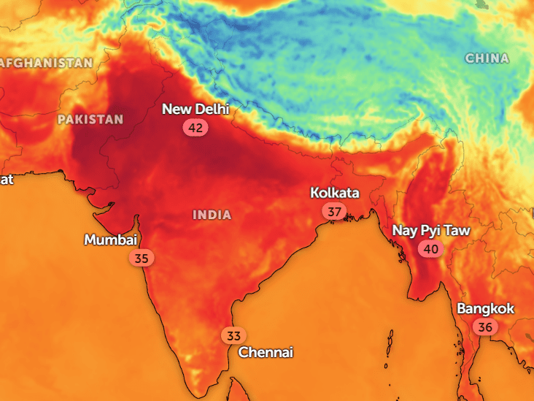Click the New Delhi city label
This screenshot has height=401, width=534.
(x=195, y=110)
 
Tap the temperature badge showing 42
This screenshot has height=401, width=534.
(x=196, y=127)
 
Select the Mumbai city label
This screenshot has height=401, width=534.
(x=110, y=240)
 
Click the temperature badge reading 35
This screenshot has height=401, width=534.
(x=142, y=258)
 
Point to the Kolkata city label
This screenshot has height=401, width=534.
(x=335, y=193)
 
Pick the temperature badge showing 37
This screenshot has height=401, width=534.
(x=334, y=212)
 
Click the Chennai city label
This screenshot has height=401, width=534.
(x=266, y=352)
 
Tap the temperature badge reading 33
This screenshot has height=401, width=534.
(x=233, y=336)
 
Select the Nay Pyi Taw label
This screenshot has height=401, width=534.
(x=431, y=231)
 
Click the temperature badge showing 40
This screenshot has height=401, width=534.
(x=430, y=249)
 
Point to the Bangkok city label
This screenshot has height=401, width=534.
(x=486, y=308)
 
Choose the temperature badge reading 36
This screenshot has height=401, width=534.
(x=485, y=326)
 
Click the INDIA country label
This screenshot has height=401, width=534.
(x=212, y=215)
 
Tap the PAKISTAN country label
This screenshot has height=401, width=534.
(x=90, y=119)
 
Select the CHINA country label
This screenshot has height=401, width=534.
(x=487, y=58)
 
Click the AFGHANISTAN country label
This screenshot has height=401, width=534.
(x=47, y=63)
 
